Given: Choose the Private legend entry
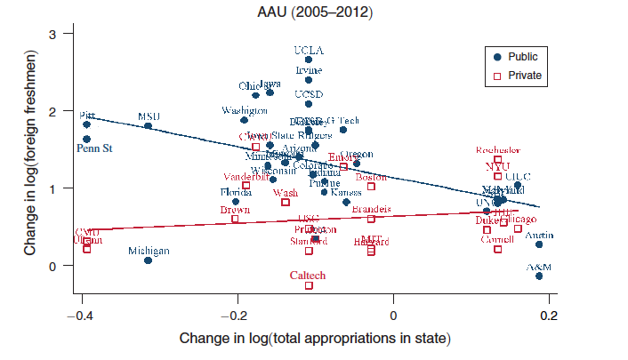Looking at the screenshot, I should point(524,76).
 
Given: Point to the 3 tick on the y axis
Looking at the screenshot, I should point(54,34).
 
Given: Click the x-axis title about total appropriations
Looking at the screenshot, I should point(315,339).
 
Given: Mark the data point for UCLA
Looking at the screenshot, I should point(309,60).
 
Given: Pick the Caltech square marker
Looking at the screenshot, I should point(309,285).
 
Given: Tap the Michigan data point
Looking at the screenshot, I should point(149,260).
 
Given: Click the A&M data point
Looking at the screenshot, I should point(539,276).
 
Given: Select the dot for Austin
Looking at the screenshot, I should point(539,244).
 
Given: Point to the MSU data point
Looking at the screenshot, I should point(149,126).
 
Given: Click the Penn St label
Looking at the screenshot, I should point(93,148).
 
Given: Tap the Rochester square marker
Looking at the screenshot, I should point(498,160).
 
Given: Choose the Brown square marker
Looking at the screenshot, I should point(236,219).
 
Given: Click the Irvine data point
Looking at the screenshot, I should point(309,80).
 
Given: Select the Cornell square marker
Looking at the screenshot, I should point(498,250).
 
